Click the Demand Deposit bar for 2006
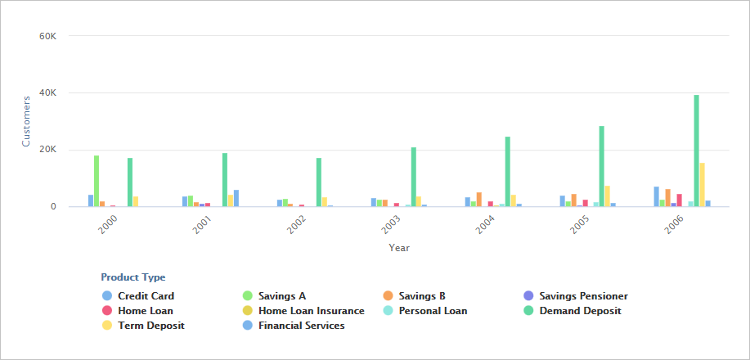point(697,151)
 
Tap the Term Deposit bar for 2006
point(703,185)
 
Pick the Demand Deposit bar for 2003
point(414,177)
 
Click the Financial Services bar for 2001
point(236,198)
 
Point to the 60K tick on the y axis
point(47,36)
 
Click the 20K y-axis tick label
point(47,150)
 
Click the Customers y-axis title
point(25,121)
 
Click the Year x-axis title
point(399,247)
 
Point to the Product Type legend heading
point(132,277)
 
